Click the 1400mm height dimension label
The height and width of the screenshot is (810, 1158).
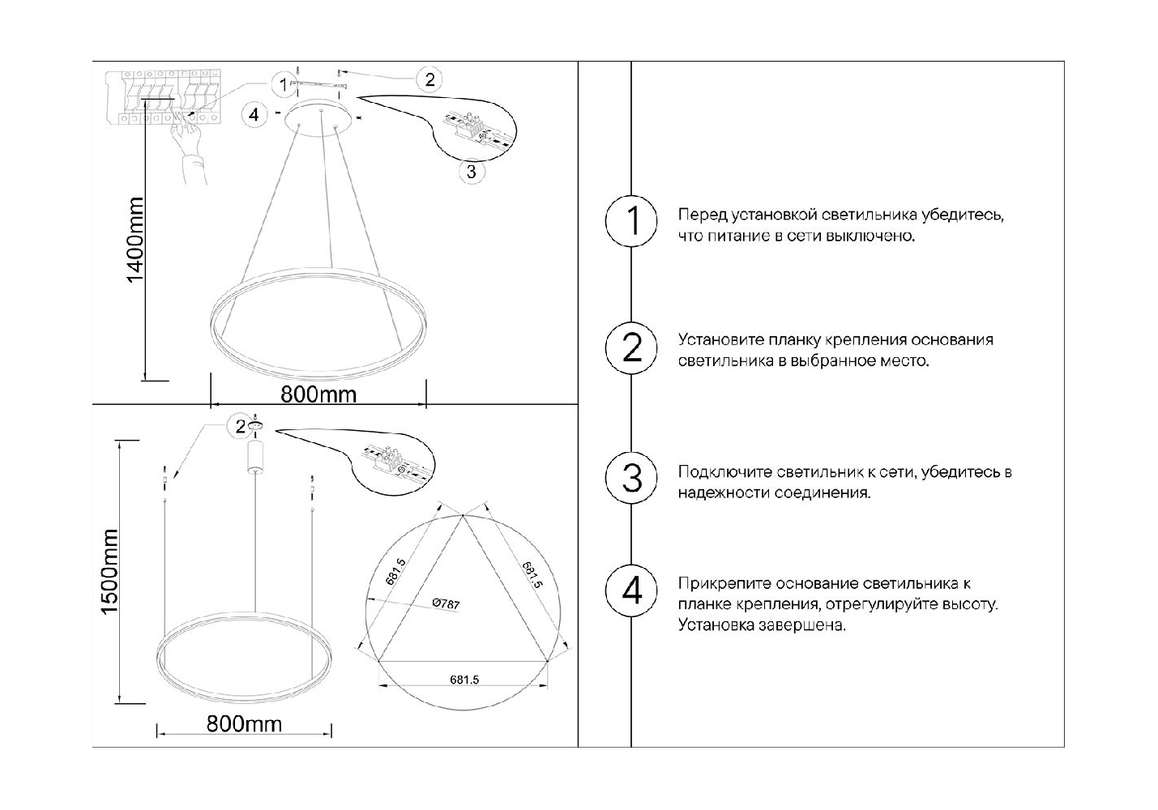[135, 240]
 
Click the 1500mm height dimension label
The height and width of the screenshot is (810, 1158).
[109, 572]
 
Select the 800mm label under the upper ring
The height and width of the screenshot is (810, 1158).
[318, 394]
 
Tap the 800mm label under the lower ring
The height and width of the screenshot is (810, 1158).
[244, 723]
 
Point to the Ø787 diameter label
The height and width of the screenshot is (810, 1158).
[446, 603]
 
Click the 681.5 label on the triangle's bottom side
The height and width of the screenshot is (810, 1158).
[464, 680]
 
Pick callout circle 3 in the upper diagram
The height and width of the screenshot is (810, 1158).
[472, 172]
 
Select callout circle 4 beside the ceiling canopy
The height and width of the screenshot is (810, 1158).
[254, 114]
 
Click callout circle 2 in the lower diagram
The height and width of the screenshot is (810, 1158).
[240, 427]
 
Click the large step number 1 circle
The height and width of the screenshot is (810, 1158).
[631, 221]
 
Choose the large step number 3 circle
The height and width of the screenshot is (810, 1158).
[631, 478]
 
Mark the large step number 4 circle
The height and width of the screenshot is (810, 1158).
[631, 590]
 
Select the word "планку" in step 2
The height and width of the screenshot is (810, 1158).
[794, 341]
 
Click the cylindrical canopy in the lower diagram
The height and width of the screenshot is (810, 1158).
[255, 457]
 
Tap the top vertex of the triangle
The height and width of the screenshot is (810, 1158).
[463, 515]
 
